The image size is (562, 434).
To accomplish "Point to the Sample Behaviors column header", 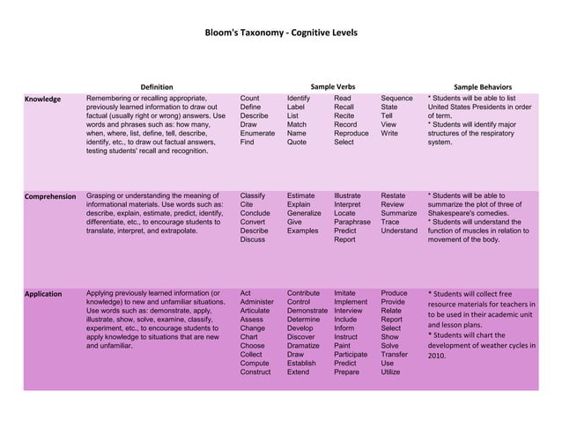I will click(x=482, y=86).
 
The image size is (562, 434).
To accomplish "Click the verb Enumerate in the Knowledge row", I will click(x=257, y=131).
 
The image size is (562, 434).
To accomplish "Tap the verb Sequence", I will click(x=396, y=99).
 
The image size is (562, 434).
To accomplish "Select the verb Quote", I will click(x=297, y=142).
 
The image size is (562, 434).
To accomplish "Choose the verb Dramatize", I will click(x=304, y=346).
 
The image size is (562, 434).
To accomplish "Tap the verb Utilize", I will click(x=390, y=372).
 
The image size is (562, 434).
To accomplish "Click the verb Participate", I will click(x=354, y=356).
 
